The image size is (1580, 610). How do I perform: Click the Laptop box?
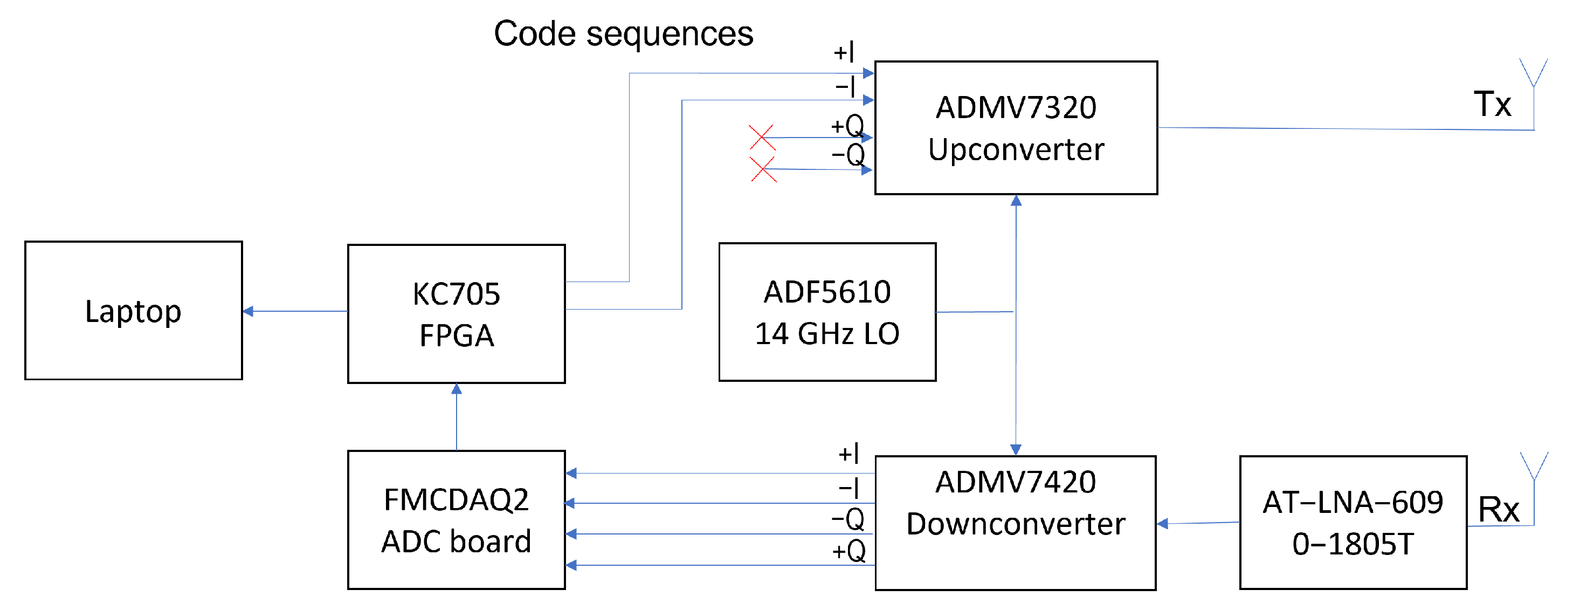[x=133, y=311]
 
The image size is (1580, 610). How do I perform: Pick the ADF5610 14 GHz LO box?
[x=827, y=312]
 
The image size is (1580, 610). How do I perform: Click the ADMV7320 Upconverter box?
[x=1016, y=128]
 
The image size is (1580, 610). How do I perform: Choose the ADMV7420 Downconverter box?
[x=1015, y=522]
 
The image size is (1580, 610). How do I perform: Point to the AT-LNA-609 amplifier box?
[x=1353, y=522]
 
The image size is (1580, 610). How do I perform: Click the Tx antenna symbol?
[x=1534, y=74]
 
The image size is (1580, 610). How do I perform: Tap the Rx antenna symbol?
[x=1534, y=468]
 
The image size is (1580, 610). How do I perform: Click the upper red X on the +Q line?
[x=762, y=138]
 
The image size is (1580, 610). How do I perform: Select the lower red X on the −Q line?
[x=763, y=169]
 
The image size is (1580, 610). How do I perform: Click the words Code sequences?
[x=623, y=34]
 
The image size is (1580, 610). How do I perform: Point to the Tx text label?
[x=1492, y=104]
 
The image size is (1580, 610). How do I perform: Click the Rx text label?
[x=1498, y=509]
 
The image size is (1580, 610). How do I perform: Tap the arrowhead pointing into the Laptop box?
[x=248, y=311]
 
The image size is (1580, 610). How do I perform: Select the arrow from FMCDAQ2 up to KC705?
[x=457, y=417]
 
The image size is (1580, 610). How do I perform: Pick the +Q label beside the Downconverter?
[x=849, y=551]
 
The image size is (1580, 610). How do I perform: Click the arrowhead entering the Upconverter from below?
[x=1016, y=201]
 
